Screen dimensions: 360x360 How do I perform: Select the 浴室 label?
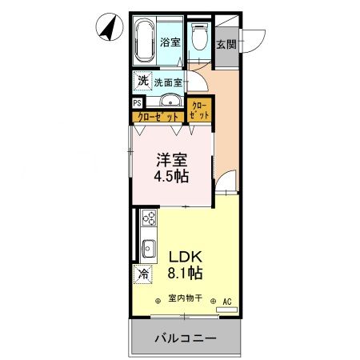pos(170,42)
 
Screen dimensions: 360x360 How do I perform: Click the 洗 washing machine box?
pos(142,80)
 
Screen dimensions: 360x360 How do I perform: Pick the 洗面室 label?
pos(169,82)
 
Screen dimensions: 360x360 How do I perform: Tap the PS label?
pos(138,102)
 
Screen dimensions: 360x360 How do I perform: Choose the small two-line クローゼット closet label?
pos(200,110)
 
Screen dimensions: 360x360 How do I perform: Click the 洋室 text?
pos(171,158)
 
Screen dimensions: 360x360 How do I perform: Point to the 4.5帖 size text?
pos(171,176)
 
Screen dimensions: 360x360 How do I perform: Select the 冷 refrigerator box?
pos(143,274)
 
